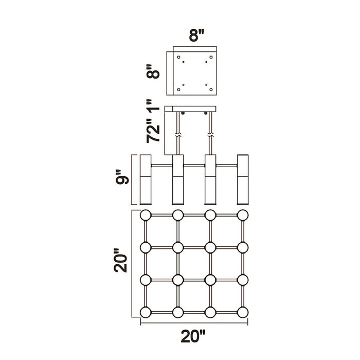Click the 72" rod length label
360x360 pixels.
tap(153, 131)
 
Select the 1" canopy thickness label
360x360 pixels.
tap(153, 105)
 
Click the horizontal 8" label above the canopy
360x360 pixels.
tap(196, 35)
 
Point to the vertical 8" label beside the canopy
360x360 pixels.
tap(153, 71)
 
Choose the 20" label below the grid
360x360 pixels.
tap(193, 336)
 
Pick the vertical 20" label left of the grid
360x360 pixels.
tap(120, 260)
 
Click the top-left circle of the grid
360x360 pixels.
tap(146, 215)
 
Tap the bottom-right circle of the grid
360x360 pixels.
tap(243, 313)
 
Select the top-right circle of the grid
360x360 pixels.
tap(243, 215)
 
